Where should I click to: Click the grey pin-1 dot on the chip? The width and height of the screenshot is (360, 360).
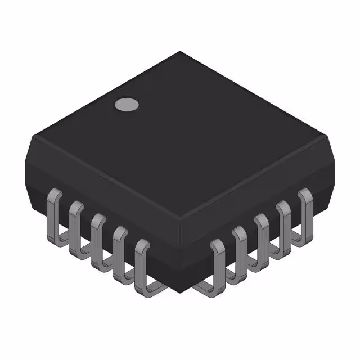[127, 104]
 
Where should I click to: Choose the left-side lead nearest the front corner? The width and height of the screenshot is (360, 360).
[142, 264]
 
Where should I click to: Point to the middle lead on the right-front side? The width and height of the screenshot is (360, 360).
[261, 236]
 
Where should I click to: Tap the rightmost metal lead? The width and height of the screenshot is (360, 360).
[305, 208]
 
